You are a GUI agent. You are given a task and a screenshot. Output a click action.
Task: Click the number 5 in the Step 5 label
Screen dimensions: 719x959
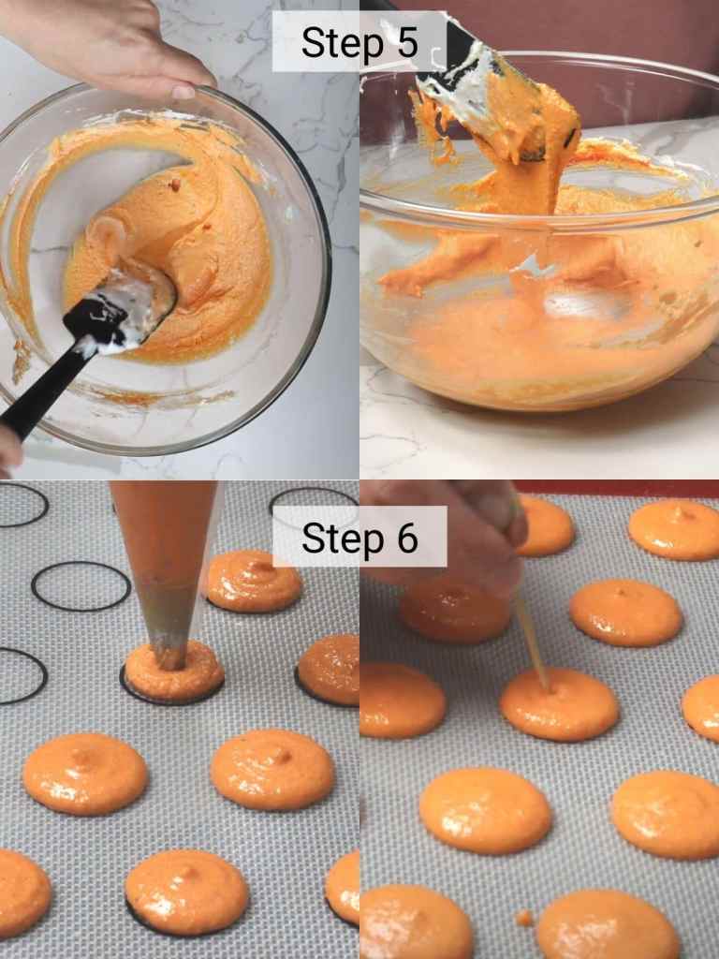coord(404,43)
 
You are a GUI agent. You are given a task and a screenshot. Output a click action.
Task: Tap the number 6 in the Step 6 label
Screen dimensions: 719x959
coord(404,538)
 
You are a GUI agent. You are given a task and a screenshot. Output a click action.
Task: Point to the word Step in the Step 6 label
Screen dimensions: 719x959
coord(337,539)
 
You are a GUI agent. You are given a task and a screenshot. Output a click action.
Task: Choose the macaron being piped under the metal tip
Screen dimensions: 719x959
coord(173,672)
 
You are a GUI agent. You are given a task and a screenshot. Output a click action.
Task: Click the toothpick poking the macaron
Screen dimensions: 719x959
coord(532,642)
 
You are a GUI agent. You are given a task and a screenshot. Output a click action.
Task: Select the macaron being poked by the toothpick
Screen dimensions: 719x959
coord(560,704)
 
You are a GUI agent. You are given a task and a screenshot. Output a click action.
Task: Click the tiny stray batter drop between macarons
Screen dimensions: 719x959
coord(523,918)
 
